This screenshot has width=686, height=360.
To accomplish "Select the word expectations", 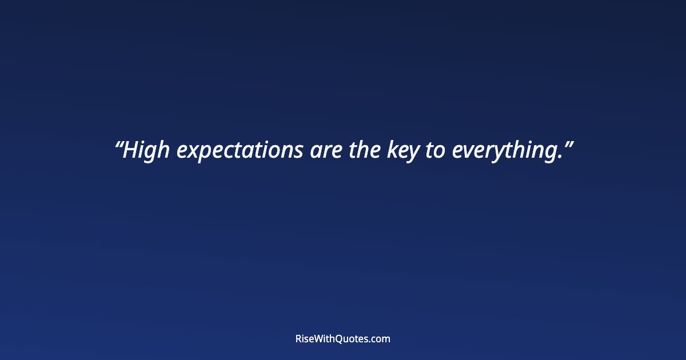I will [240, 151].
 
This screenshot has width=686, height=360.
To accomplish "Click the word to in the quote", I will [434, 151].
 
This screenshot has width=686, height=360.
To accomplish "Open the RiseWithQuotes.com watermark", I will [343, 339].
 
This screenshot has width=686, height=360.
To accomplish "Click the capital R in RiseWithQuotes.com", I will [298, 339].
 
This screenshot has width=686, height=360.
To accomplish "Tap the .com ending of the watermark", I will [380, 339].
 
